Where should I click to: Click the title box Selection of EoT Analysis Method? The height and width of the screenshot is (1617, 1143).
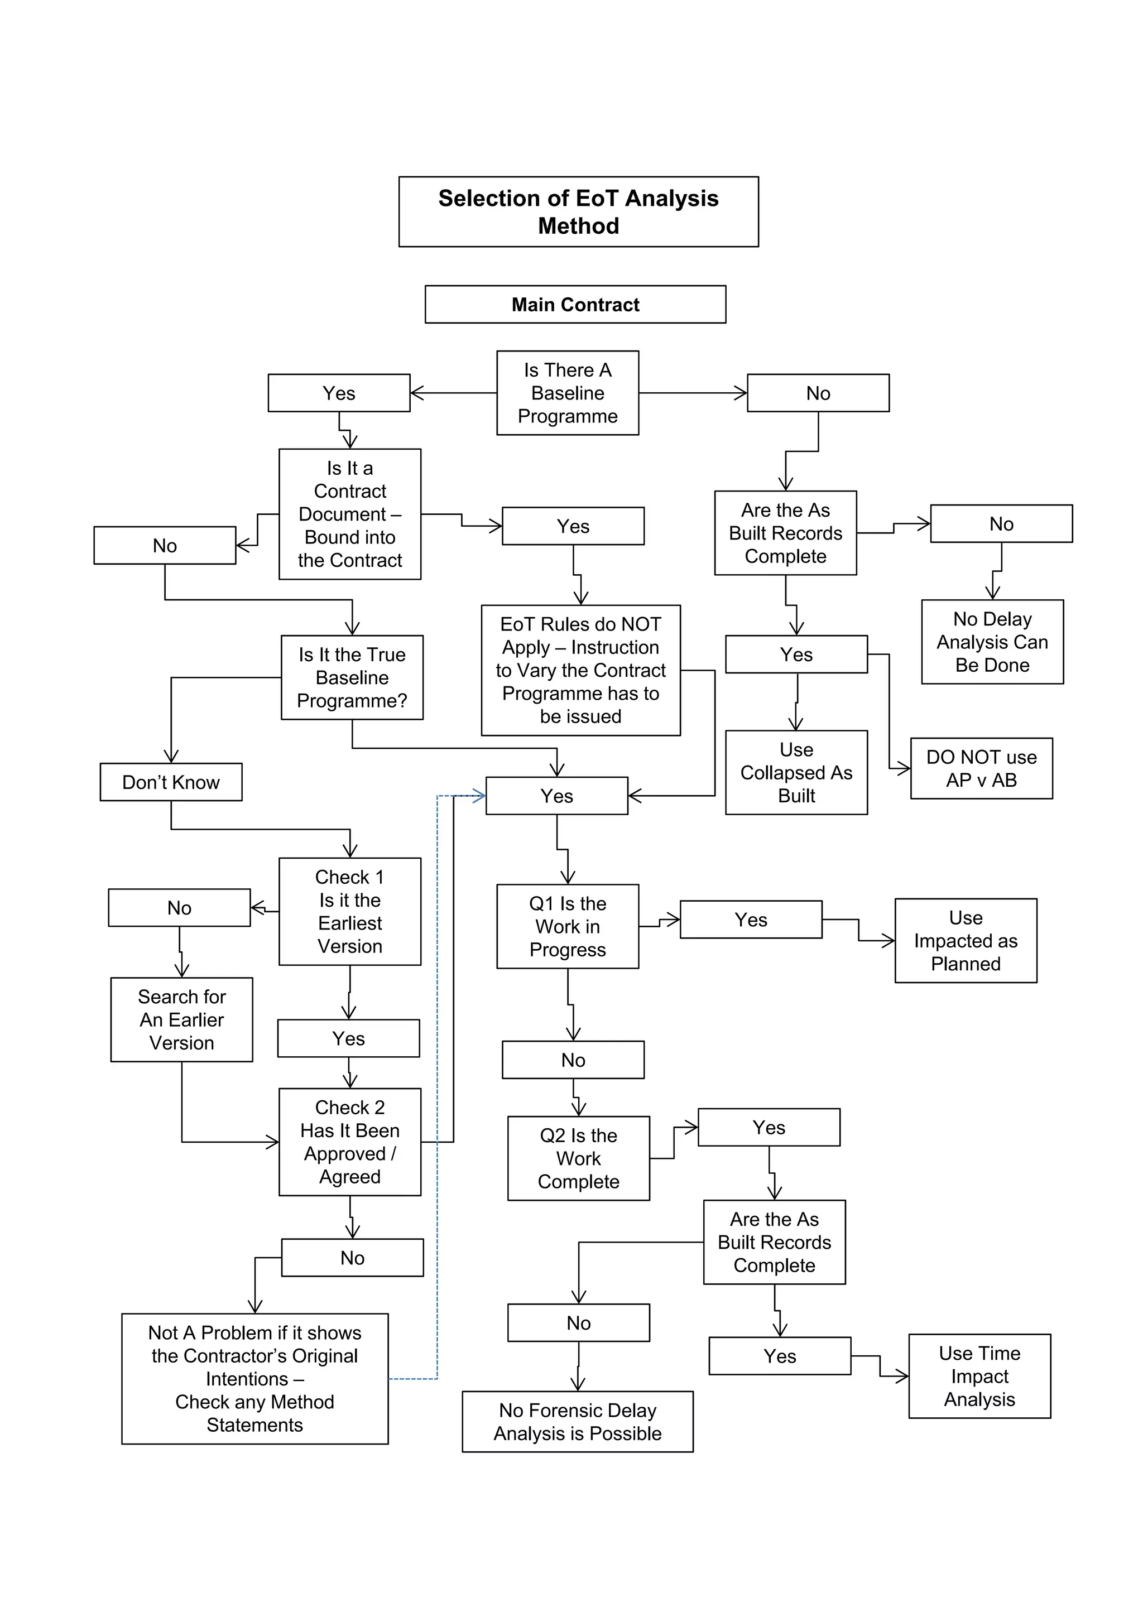(x=578, y=211)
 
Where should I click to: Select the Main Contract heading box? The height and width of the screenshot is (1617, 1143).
(x=575, y=304)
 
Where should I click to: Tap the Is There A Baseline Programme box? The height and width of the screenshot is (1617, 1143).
(x=567, y=392)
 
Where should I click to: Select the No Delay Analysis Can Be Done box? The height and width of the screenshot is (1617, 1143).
(x=992, y=642)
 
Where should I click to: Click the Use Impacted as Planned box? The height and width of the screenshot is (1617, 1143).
(x=965, y=940)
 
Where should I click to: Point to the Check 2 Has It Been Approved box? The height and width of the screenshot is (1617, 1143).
(x=349, y=1142)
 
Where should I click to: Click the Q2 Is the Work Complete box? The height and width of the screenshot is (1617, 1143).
(x=578, y=1158)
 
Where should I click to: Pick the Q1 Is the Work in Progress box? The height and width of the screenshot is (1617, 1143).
(x=567, y=926)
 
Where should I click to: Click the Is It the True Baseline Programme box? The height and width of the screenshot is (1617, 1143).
(x=352, y=677)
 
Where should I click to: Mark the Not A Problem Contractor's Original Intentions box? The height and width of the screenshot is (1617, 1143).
(x=254, y=1378)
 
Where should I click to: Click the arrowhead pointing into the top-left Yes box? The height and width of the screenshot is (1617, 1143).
(x=415, y=393)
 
